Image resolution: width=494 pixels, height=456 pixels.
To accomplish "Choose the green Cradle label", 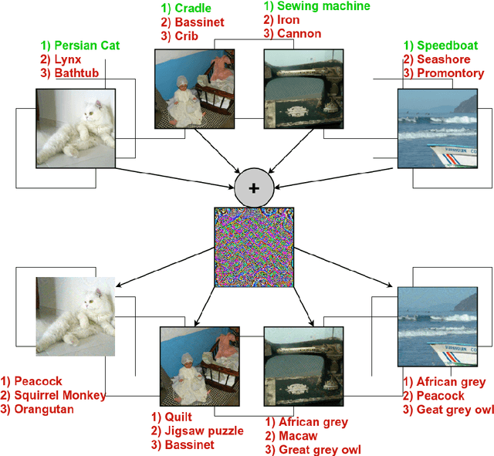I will coord(188,8).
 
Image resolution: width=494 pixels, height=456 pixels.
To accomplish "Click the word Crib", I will coord(185,35).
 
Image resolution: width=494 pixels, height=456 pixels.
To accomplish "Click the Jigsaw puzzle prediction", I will coord(202,431).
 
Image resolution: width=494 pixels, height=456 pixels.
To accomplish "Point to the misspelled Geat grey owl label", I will coord(449,409).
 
